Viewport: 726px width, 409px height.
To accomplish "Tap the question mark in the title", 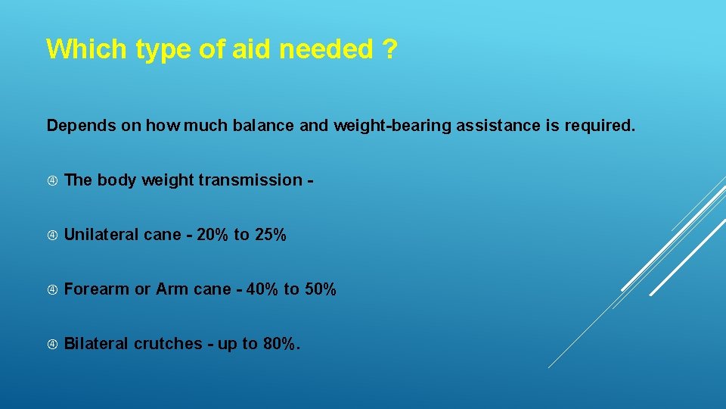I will (x=388, y=49).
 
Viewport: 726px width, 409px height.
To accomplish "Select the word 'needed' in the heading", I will (x=327, y=49).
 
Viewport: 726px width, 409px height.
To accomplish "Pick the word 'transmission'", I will (x=255, y=180).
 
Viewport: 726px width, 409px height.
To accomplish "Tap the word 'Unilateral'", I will (x=101, y=235).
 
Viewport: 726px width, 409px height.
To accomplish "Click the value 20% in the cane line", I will (x=212, y=235).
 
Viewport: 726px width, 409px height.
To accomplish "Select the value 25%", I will (x=270, y=235).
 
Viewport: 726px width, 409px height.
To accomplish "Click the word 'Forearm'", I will (x=97, y=289).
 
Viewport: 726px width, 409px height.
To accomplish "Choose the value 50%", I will (x=320, y=289).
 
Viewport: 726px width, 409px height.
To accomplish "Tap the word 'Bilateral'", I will (x=97, y=344).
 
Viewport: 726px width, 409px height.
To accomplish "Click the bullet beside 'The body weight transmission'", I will (x=52, y=180).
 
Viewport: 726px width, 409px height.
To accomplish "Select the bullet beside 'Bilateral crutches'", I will (x=52, y=344).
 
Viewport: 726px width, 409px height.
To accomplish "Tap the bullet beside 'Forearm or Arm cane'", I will (x=52, y=289).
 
